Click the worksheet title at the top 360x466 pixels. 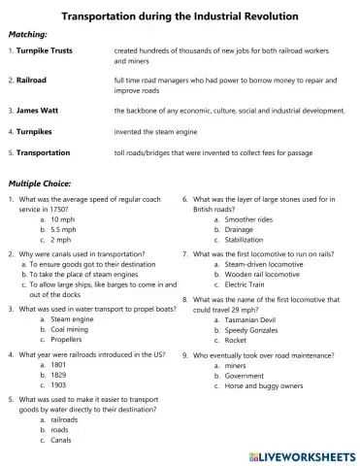coord(180,17)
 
